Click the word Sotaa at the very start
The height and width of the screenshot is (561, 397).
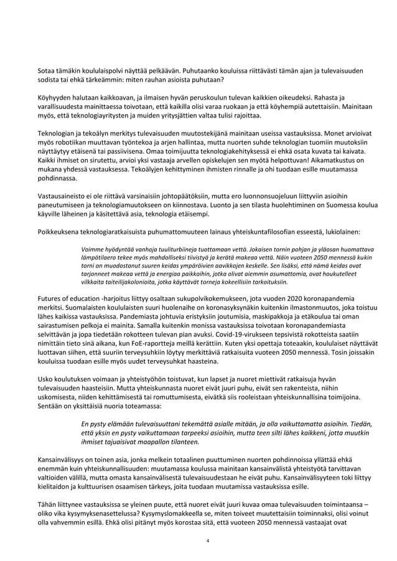click(47, 70)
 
